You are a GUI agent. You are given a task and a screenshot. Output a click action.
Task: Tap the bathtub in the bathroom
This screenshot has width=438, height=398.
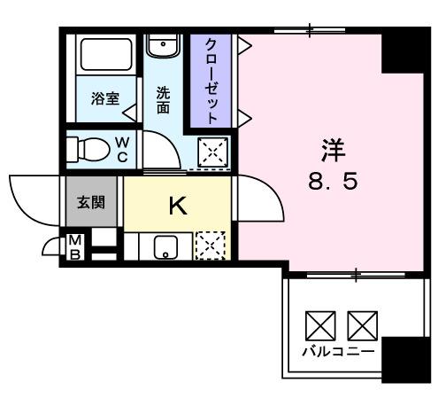click(105, 57)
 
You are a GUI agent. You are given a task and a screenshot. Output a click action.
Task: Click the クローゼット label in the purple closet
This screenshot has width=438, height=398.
click(212, 80)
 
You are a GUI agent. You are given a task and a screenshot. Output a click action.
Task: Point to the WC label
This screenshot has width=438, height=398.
click(123, 150)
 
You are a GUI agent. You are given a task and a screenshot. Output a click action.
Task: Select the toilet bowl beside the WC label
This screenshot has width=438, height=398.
click(88, 149)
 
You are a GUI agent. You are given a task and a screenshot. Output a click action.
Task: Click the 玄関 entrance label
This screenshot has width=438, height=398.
click(91, 203)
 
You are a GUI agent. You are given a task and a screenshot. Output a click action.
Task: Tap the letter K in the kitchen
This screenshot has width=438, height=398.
click(177, 207)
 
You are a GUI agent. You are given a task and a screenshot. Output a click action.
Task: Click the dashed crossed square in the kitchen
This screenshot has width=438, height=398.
click(210, 246)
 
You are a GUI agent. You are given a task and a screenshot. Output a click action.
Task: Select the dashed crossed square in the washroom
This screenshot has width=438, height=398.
click(212, 153)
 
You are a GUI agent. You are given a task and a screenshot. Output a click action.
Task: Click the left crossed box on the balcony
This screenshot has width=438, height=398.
click(320, 324)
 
